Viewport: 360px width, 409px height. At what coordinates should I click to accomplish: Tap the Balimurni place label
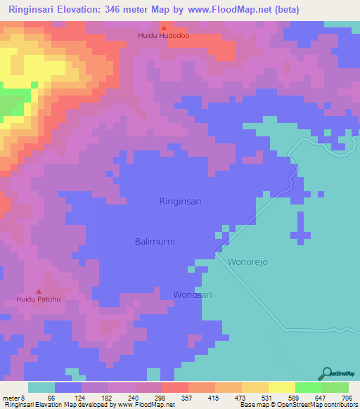click(155, 241)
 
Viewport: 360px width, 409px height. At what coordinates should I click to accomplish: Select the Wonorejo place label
click(247, 261)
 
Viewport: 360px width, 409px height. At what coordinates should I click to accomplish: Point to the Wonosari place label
click(193, 295)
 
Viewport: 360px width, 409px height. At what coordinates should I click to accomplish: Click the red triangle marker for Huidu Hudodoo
click(163, 27)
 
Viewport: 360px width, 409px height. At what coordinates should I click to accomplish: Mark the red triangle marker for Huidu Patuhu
click(39, 292)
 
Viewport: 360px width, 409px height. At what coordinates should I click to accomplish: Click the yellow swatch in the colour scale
click(281, 387)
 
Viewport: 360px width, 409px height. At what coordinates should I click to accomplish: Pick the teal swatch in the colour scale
click(41, 387)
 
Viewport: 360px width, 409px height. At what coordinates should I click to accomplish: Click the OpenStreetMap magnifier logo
click(326, 374)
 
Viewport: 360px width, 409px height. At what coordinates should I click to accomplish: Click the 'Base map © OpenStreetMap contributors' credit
click(296, 405)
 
